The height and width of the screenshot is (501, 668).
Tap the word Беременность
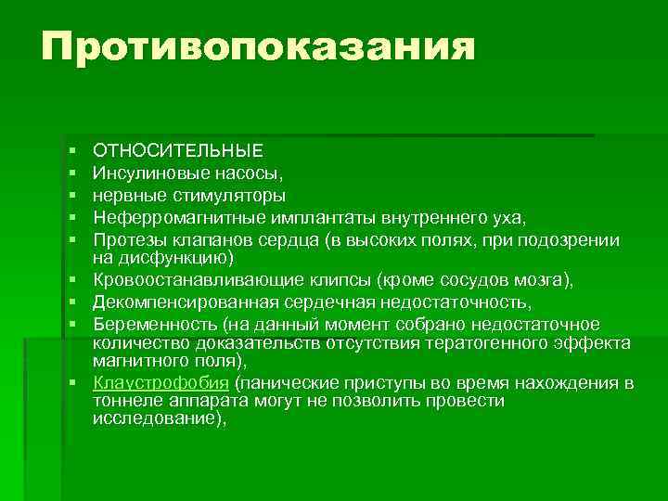149,324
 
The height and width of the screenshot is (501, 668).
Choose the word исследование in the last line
156,417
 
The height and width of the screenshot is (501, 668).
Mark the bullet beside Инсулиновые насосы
71,173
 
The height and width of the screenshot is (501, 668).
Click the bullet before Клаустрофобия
71,383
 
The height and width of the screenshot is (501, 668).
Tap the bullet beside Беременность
71,324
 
